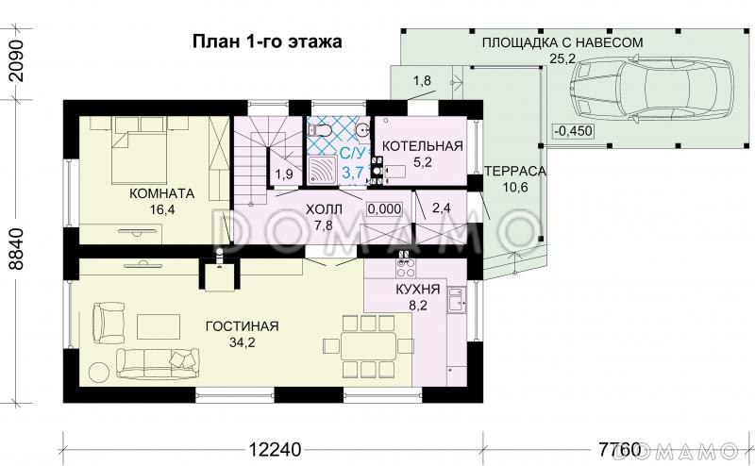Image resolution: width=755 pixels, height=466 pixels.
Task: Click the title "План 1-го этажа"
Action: [x=267, y=42]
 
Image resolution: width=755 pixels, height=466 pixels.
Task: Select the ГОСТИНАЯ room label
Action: [x=242, y=326]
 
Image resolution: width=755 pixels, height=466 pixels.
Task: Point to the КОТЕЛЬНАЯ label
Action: [x=421, y=145]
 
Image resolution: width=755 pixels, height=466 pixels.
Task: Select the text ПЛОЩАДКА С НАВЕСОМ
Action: [x=562, y=42]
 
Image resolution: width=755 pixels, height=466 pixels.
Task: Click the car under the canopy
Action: [x=651, y=86]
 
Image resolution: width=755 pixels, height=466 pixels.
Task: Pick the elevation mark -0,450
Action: [x=573, y=131]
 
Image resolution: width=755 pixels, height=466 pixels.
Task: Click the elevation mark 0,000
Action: [x=383, y=208]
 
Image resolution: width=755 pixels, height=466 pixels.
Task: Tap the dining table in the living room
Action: [x=370, y=345]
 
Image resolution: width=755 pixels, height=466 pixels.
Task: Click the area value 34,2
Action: [x=242, y=342]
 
